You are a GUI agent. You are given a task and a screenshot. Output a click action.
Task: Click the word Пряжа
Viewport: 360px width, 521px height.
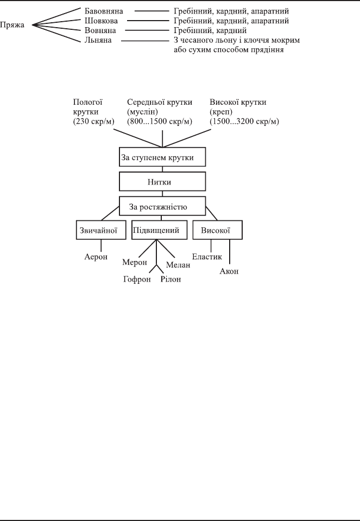(x=12, y=25)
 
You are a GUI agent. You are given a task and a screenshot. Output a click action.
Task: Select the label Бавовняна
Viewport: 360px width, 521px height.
(x=104, y=11)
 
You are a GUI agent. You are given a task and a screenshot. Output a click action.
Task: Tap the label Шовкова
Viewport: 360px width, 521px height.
(x=101, y=21)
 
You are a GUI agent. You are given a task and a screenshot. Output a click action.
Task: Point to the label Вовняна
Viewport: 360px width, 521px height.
(x=100, y=30)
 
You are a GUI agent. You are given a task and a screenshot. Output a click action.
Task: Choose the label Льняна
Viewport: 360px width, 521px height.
(x=98, y=40)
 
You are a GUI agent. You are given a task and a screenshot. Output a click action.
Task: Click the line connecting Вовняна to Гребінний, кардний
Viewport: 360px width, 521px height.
(x=147, y=30)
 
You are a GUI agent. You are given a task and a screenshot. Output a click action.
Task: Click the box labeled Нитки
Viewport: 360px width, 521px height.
(x=162, y=181)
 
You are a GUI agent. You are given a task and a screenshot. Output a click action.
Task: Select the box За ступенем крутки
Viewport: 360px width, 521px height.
(x=162, y=157)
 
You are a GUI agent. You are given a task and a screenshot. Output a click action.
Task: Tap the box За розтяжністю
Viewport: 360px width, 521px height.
(x=162, y=206)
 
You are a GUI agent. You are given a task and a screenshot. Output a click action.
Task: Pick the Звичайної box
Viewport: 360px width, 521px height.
(x=101, y=230)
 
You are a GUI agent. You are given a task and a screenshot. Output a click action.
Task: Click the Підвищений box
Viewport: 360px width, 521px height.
(x=159, y=230)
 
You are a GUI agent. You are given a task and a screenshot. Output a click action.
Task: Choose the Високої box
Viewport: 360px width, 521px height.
(x=217, y=230)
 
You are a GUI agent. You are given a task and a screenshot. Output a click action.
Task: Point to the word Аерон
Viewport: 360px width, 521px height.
(x=96, y=257)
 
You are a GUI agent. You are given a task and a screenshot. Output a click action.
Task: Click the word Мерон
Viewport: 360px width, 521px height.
(x=135, y=262)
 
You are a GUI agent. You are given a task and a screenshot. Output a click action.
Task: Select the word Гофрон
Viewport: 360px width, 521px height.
(x=137, y=279)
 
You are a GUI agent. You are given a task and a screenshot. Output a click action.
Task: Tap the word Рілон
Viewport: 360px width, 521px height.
(x=171, y=279)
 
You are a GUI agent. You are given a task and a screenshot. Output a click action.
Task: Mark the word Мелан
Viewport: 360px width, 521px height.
(x=178, y=265)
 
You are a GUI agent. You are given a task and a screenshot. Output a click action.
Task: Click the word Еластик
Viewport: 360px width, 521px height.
(x=207, y=257)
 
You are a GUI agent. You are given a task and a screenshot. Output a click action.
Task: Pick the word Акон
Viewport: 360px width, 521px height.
(x=229, y=271)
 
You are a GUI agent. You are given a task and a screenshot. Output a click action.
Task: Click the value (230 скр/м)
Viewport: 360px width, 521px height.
(x=94, y=121)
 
